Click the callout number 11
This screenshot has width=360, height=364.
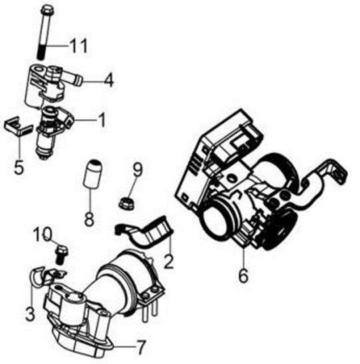click(79, 46)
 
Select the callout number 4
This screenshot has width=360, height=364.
click(109, 79)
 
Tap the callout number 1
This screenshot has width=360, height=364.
click(101, 120)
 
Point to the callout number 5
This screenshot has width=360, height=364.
click(19, 166)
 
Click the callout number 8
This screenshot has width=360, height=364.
click(89, 219)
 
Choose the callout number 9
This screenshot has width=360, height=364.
click(137, 169)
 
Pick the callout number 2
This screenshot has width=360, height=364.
click(169, 261)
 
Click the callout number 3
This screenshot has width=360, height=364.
click(30, 313)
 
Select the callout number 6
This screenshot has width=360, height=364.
click(243, 275)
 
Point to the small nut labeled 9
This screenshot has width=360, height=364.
click(127, 203)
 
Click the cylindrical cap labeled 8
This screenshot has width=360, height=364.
click(93, 173)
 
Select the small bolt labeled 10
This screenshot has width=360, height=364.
click(61, 254)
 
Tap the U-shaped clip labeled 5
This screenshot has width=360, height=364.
click(17, 127)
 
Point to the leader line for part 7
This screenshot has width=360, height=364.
click(123, 347)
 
